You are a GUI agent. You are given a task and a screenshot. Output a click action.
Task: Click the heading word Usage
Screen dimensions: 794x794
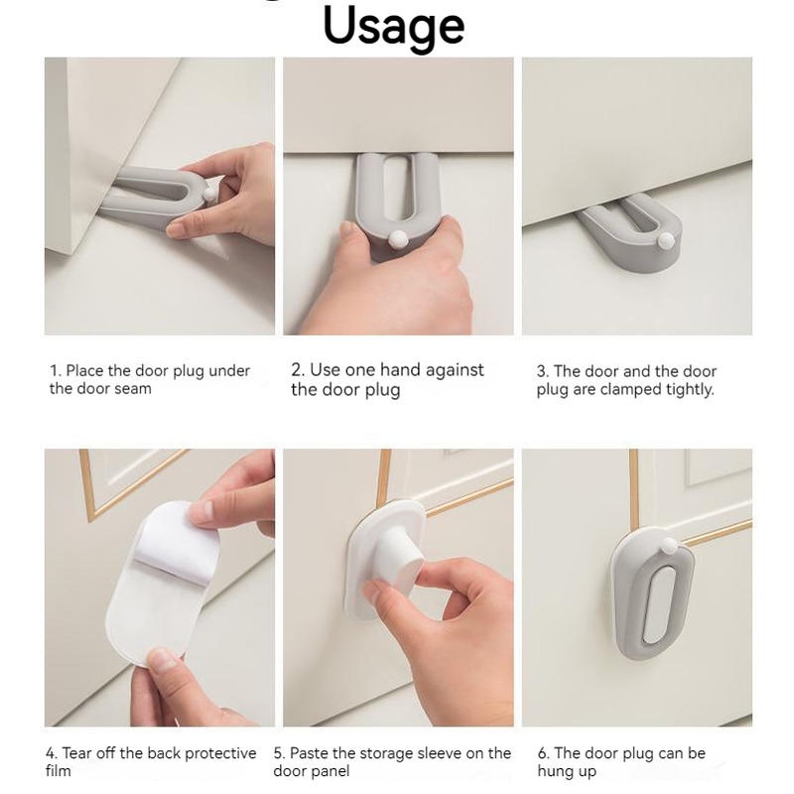[393, 27]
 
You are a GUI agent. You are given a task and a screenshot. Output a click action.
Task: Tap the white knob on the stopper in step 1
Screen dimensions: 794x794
[209, 194]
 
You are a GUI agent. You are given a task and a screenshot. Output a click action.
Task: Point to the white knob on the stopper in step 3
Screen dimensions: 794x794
[665, 241]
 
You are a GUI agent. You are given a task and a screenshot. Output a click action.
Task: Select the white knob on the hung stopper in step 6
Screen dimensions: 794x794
[669, 546]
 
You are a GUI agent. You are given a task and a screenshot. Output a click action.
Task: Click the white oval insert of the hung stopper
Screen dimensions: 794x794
[657, 604]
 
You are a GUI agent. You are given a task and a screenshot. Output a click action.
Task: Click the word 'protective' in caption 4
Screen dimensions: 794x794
[220, 753]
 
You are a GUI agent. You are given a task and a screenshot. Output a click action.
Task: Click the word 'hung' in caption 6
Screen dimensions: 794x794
[553, 771]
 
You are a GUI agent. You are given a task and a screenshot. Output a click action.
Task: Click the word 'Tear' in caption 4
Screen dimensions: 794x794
[77, 753]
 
